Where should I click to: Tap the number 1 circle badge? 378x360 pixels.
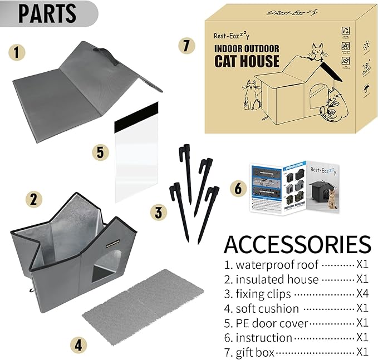click(x=17, y=53)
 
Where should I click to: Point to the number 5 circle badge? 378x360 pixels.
click(x=100, y=152)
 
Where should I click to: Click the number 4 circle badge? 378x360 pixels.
click(x=79, y=345)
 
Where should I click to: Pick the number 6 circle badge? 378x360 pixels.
click(x=238, y=188)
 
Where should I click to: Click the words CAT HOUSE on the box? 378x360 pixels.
click(x=246, y=61)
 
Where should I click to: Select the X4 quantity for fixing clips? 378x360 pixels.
click(x=362, y=294)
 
